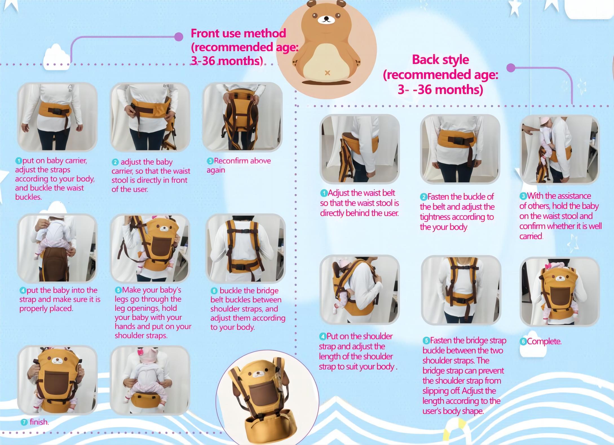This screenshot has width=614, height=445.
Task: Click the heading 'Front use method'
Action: point(238,33)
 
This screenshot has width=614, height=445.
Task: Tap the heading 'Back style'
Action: point(440,60)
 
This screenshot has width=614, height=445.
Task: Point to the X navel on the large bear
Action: point(327,73)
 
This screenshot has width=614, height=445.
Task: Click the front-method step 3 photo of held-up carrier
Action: point(242,117)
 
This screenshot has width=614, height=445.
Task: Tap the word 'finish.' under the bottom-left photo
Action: point(39,422)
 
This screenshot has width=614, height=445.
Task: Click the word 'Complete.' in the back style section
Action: point(544,342)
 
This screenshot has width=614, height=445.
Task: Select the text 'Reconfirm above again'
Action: point(238,165)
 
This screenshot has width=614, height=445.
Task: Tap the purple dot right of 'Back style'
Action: point(511,68)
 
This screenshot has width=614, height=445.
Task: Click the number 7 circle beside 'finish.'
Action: point(25,422)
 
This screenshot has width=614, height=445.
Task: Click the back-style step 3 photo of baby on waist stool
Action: point(560,149)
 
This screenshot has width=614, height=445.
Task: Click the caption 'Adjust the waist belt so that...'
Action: point(359,203)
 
